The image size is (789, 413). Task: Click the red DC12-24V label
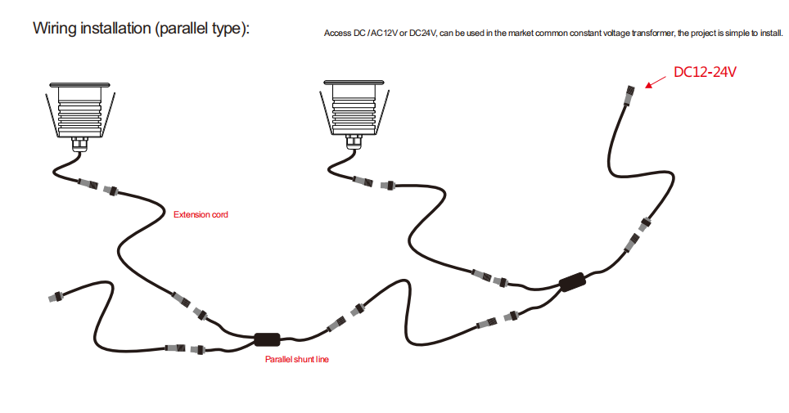click(705, 72)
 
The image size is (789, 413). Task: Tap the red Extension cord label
click(201, 215)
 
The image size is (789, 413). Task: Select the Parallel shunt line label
click(296, 359)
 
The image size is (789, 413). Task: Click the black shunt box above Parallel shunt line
click(267, 339)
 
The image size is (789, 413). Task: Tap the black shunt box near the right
click(571, 283)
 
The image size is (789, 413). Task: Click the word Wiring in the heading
click(55, 29)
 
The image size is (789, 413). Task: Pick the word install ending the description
click(770, 34)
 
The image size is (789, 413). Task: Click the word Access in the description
click(337, 34)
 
